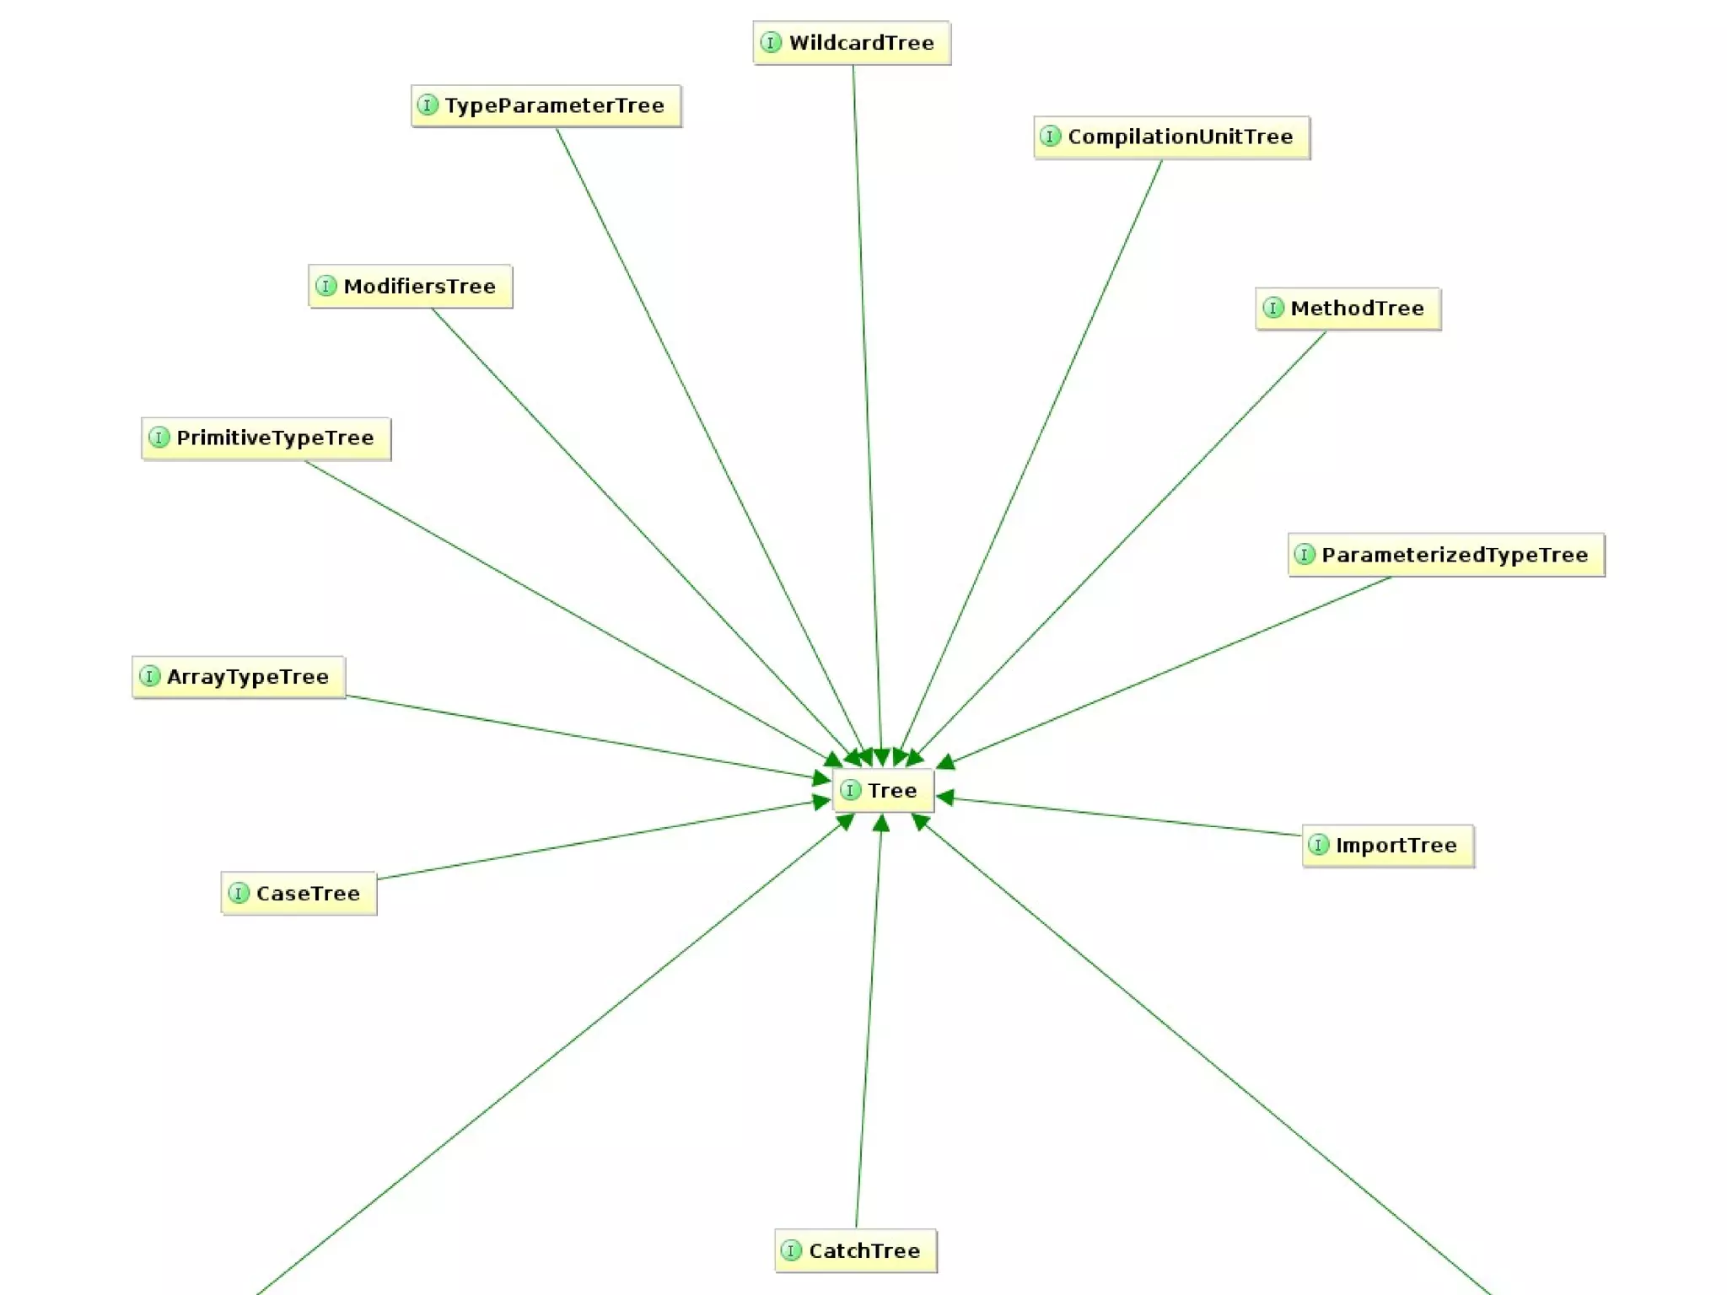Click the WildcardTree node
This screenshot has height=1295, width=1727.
852,43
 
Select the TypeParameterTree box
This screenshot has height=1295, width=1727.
546,106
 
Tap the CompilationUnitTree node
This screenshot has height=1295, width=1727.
1171,137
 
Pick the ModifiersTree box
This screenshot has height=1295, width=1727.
410,287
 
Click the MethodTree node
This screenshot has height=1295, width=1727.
1348,309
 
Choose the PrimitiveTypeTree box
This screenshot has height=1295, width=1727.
266,438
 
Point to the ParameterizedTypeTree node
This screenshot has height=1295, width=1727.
1445,555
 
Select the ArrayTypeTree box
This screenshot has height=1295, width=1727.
239,677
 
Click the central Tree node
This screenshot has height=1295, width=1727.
883,791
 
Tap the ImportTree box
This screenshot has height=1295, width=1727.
1388,846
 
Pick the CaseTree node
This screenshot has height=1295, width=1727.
299,894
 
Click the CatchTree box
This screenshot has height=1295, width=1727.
855,1251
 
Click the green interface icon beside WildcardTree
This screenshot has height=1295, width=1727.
771,43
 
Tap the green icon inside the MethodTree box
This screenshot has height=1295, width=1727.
1273,309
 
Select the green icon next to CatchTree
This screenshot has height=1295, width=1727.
791,1251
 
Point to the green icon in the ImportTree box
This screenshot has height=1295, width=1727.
1319,846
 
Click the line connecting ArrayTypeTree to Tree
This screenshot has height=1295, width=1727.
582,736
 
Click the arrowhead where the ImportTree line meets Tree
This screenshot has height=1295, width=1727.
944,798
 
